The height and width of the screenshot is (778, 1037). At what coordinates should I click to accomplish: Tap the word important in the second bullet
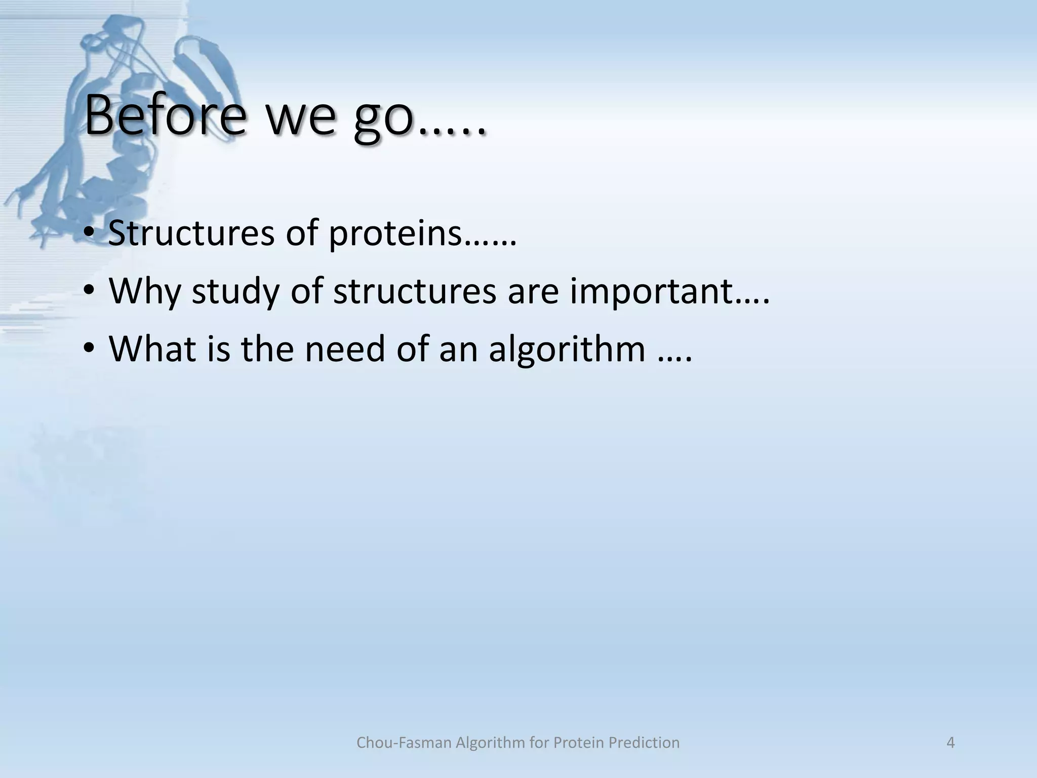tap(652, 292)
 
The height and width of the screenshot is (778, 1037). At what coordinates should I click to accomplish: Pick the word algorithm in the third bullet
tap(567, 349)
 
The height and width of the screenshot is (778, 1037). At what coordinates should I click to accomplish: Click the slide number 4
tap(950, 743)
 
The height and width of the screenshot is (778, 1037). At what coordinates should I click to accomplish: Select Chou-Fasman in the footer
tap(404, 743)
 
